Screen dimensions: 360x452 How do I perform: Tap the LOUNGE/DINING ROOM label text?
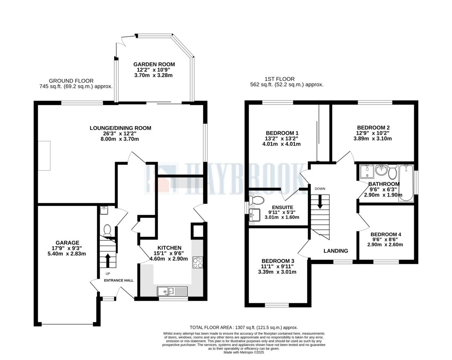click(120, 128)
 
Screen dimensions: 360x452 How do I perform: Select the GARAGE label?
click(67, 243)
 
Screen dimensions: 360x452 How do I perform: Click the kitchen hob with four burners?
click(198, 262)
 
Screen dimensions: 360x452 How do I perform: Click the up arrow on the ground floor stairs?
click(108, 260)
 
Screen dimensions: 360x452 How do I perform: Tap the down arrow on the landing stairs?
click(320, 201)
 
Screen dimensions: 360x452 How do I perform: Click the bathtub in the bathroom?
click(406, 183)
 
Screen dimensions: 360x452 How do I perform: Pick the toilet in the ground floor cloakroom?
click(107, 230)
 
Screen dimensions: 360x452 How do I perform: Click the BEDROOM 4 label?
click(386, 234)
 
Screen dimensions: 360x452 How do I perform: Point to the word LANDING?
click(336, 251)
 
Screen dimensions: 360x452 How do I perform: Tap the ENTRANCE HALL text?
click(119, 280)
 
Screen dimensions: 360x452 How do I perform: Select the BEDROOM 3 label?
click(278, 261)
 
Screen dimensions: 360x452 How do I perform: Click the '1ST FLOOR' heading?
click(279, 79)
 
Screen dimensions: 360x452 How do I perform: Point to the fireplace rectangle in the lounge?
click(44, 156)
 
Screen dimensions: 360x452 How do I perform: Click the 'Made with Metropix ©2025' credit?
click(244, 352)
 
